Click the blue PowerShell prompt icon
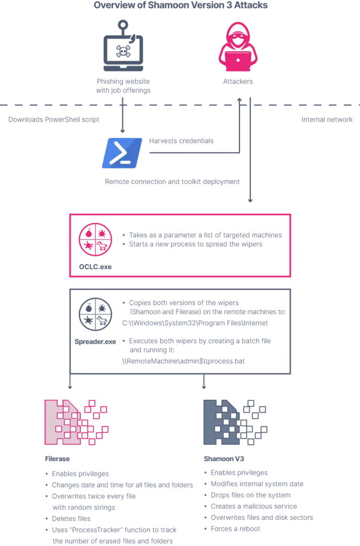(123, 153)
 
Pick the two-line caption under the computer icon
(124, 86)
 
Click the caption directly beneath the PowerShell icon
(173, 182)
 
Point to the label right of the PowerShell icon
(183, 141)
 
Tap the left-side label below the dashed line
(53, 119)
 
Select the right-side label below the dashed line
(326, 119)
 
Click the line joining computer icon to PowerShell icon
(123, 115)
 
